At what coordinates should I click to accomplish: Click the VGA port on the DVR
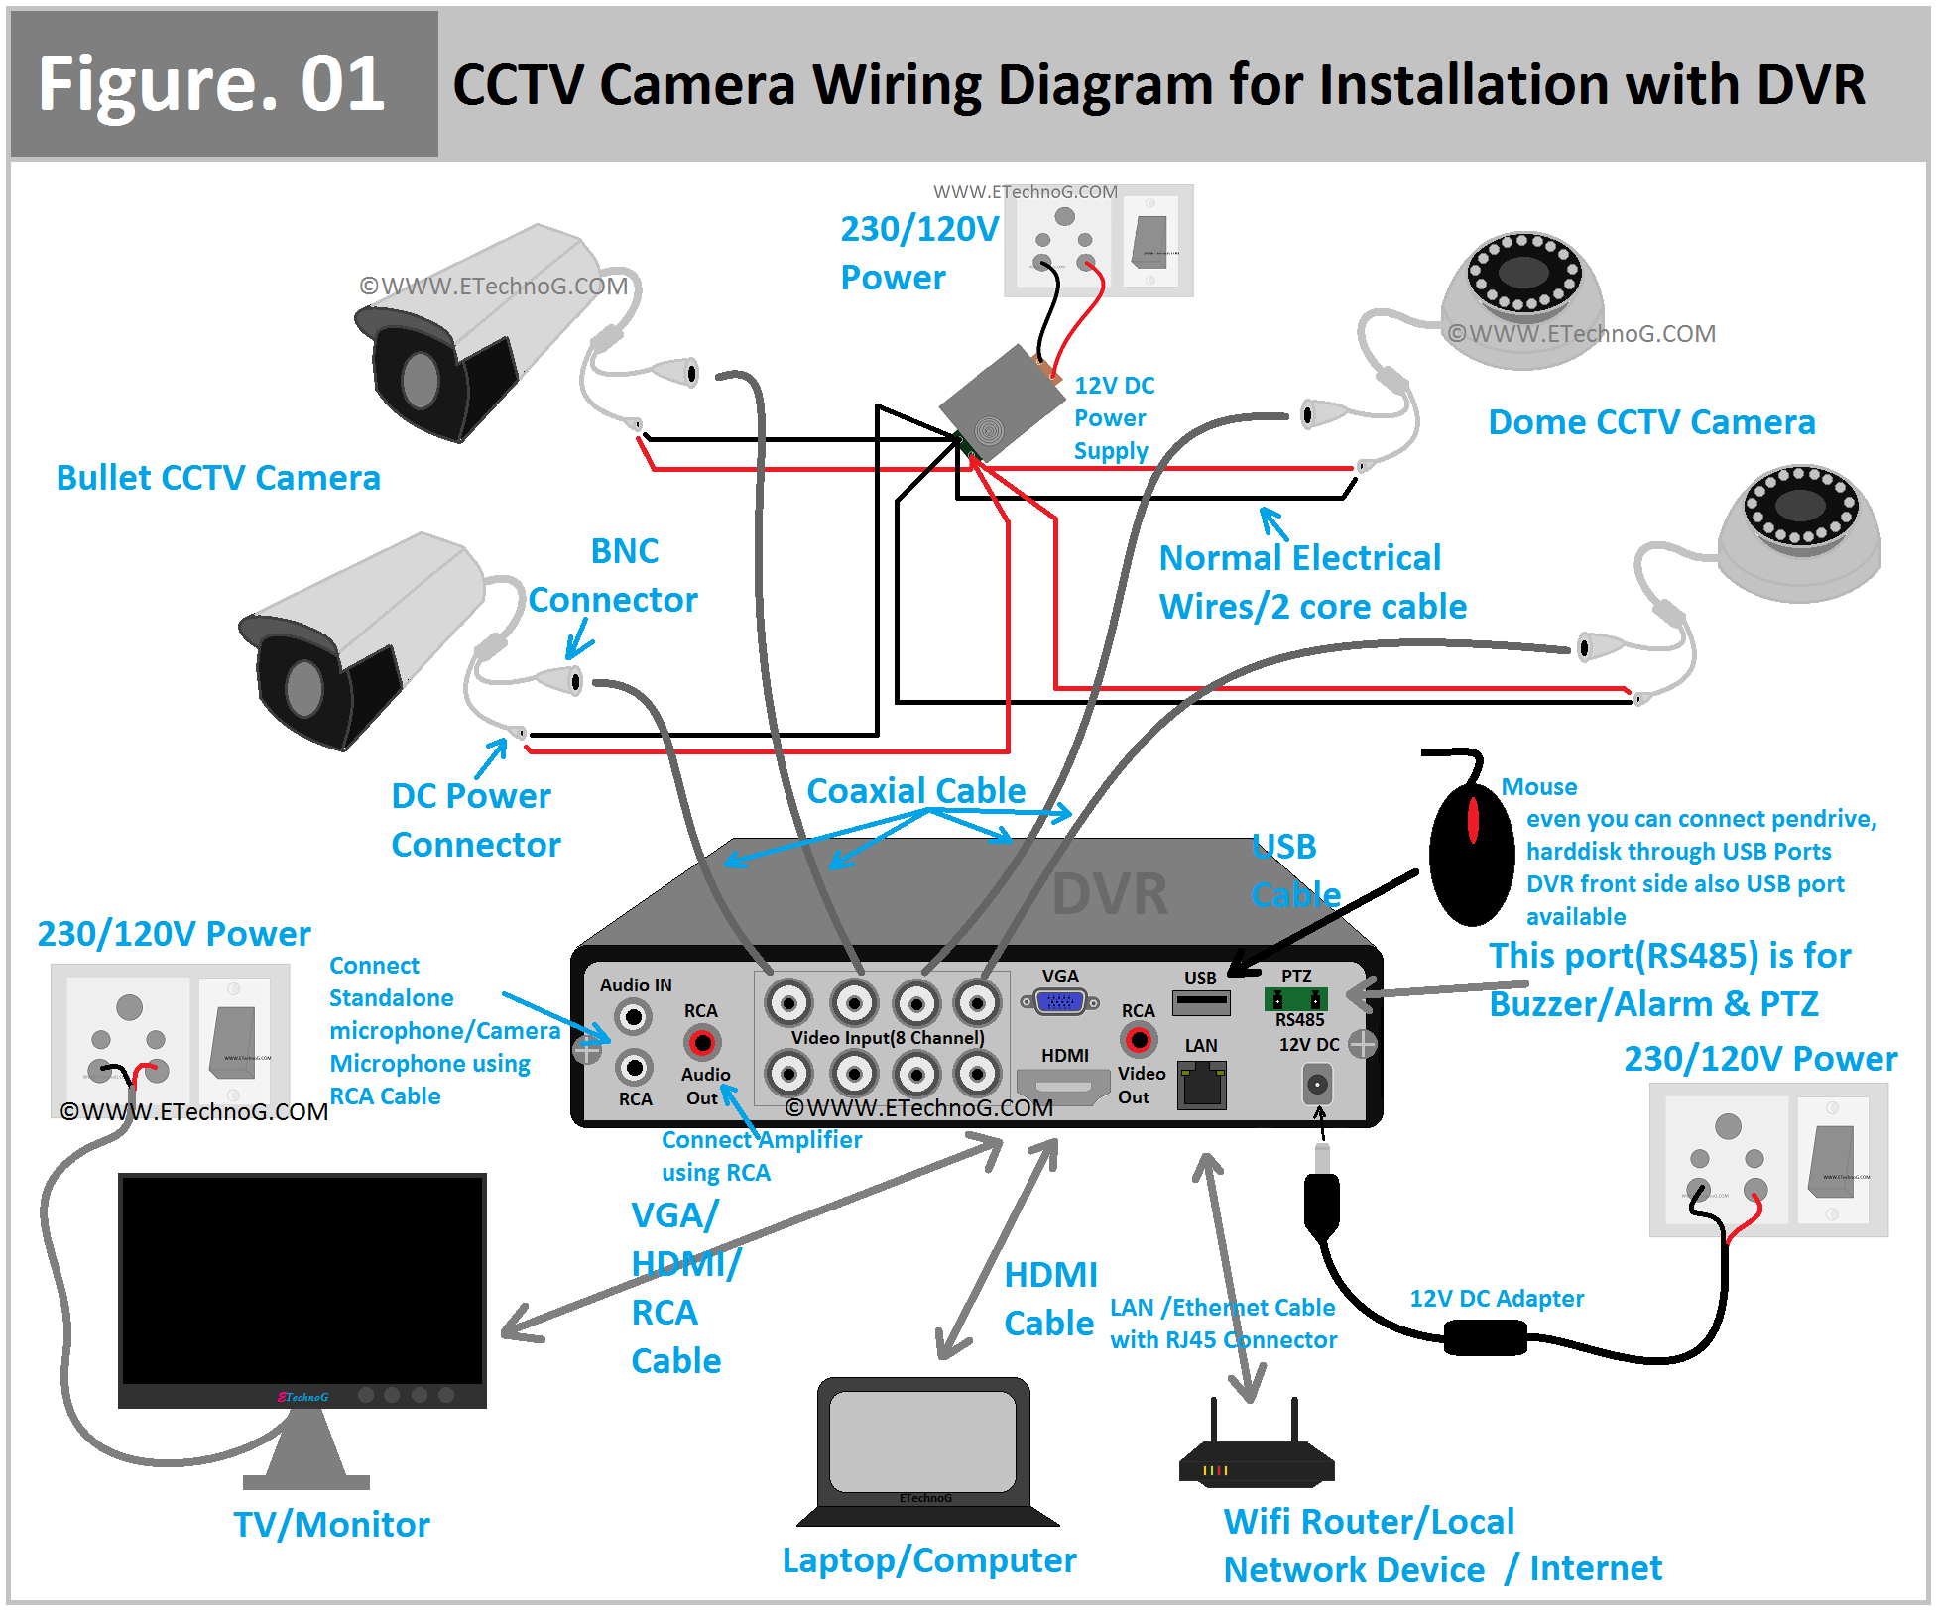pos(1060,1002)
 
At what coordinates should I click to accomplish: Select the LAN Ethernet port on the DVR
pos(1202,1085)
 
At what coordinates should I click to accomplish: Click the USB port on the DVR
pos(1201,1003)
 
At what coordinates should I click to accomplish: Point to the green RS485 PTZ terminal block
pos(1295,999)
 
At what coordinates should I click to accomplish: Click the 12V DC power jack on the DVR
pos(1316,1085)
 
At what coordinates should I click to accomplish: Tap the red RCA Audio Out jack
pos(702,1042)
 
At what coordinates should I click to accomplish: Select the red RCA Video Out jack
pos(1138,1040)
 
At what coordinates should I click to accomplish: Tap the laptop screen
pos(923,1441)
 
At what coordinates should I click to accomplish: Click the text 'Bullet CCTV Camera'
pos(218,478)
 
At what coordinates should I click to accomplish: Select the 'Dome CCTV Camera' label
pos(1651,422)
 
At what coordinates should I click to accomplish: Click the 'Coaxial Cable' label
pos(915,791)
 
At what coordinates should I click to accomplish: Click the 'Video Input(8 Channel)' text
pos(888,1038)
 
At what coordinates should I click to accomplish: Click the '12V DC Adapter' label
pos(1497,1299)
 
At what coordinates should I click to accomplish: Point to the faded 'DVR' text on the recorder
pos(1109,894)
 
